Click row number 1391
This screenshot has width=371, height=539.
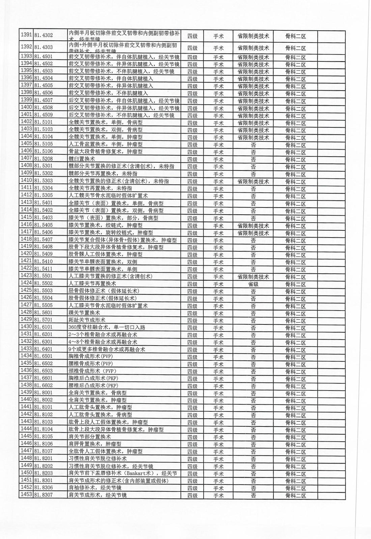coord(26,35)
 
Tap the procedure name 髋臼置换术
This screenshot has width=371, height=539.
coord(82,159)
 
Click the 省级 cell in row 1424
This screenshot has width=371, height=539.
coord(253,284)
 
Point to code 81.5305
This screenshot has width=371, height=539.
coord(44,195)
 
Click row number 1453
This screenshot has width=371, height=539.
coord(26,495)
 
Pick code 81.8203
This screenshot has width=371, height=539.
coord(44,473)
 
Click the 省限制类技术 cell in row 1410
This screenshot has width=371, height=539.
coord(253,182)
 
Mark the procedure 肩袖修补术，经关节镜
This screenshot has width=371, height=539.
coord(95,488)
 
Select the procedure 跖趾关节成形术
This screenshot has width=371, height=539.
coord(87,320)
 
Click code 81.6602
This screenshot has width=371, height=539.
coord(44,385)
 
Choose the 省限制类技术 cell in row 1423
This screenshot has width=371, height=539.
coord(253,277)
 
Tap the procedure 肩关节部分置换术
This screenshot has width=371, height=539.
coord(90,437)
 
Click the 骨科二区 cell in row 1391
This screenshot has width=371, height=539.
coord(295,36)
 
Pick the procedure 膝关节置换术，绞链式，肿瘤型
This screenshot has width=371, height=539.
coord(106,225)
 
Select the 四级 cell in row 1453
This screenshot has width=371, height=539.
coord(192,496)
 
